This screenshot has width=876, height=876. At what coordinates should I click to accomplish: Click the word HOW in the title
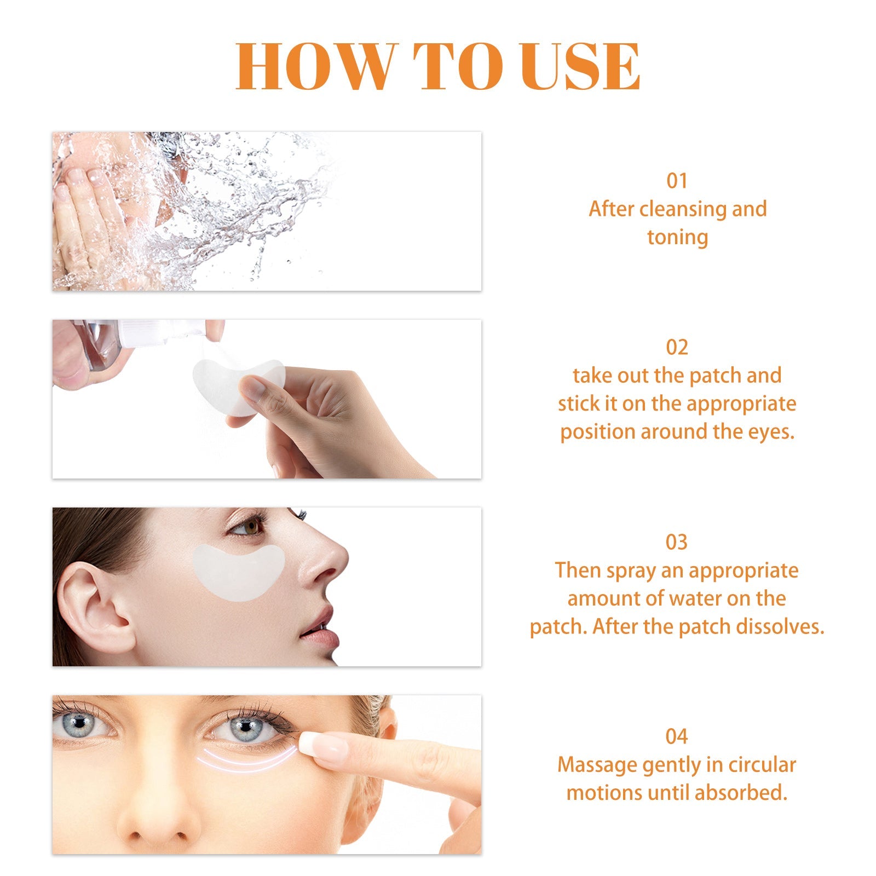click(314, 66)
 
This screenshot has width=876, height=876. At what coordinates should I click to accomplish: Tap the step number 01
click(677, 181)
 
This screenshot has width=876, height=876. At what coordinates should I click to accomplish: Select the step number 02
click(677, 347)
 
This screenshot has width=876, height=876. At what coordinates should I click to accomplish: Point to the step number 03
click(677, 542)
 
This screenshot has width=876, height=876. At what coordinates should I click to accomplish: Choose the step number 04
click(677, 736)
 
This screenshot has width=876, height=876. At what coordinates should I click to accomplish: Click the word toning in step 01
click(677, 238)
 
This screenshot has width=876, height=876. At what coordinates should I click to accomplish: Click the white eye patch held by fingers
click(224, 383)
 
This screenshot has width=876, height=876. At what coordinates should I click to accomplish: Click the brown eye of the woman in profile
click(251, 528)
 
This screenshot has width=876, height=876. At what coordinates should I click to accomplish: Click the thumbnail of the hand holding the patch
click(253, 389)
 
